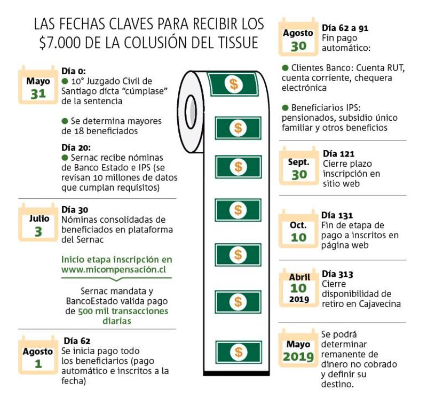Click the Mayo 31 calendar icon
click(38, 85)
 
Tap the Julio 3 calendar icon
click(38, 223)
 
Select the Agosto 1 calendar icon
click(38, 355)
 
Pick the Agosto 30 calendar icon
click(298, 37)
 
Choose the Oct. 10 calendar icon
click(298, 229)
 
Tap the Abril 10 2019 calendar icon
click(299, 288)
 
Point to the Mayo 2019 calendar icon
click(298, 348)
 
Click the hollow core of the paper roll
click(191, 112)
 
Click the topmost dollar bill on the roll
click(233, 84)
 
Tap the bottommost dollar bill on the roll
click(238, 352)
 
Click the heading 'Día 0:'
click(74, 71)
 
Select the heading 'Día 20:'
click(76, 147)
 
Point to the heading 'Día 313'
click(337, 274)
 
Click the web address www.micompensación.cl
click(114, 269)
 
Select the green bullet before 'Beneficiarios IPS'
click(285, 107)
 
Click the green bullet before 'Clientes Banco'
click(285, 68)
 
